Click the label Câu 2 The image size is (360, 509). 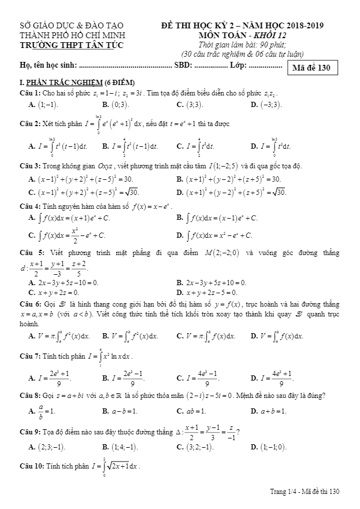pyautogui.click(x=29, y=124)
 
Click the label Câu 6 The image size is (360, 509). pyautogui.click(x=29, y=304)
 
